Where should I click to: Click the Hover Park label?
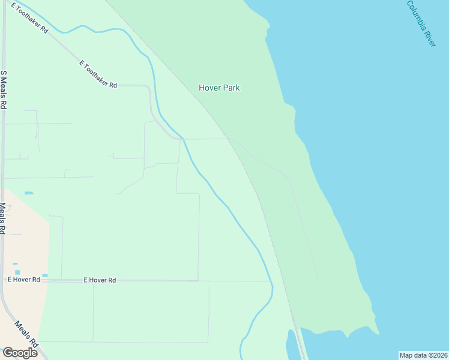tap(219, 88)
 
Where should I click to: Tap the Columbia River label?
tap(421, 24)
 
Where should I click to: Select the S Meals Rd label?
tap(4, 89)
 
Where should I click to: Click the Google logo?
tap(19, 352)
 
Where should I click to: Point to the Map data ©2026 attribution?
tap(423, 355)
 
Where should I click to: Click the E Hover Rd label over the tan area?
tap(23, 280)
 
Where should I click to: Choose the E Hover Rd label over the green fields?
tap(100, 280)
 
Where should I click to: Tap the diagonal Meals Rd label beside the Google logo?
tap(27, 335)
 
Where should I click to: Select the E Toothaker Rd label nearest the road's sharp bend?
tap(98, 74)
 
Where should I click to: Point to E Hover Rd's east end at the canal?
tap(270, 281)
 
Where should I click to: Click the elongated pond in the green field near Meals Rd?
tap(29, 193)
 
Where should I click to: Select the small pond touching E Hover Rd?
tap(45, 275)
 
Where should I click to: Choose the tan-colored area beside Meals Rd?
tap(27, 240)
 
